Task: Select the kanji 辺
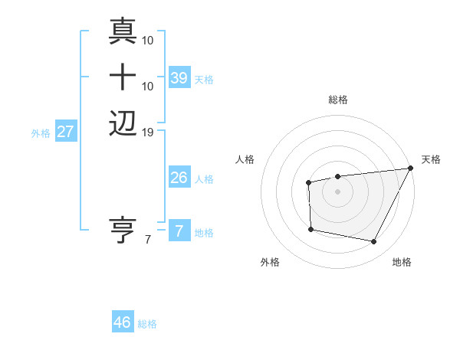[123, 123]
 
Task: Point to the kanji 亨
[123, 229]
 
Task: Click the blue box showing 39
[179, 77]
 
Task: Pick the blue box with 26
[179, 178]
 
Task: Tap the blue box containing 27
[66, 132]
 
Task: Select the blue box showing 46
[123, 322]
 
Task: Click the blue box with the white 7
[179, 231]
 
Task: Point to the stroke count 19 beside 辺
[149, 133]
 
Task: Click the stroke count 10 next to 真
[149, 40]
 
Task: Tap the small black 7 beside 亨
[148, 240]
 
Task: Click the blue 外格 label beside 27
[41, 133]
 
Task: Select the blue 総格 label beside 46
[147, 323]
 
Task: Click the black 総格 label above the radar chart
[338, 100]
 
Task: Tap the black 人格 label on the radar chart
[245, 159]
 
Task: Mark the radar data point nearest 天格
[411, 169]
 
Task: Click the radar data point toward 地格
[374, 242]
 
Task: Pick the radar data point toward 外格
[310, 229]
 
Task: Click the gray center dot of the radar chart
[337, 191]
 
